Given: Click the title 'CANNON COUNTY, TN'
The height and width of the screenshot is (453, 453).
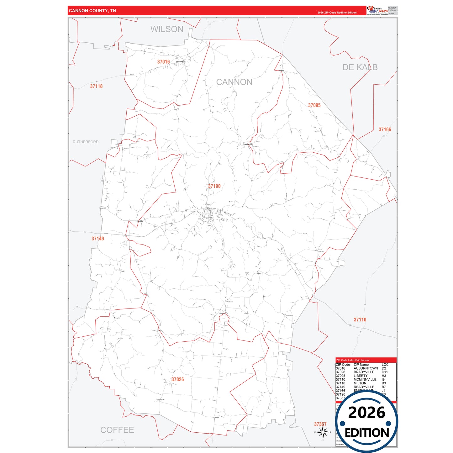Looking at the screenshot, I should pyautogui.click(x=92, y=11).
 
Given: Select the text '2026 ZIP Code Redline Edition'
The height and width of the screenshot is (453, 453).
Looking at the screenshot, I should pyautogui.click(x=337, y=13).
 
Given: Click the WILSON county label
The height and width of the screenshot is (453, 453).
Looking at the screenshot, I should pyautogui.click(x=167, y=29).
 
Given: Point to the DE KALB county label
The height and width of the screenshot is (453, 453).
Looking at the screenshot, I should pyautogui.click(x=360, y=67).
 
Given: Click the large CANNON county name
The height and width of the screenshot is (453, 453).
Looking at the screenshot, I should pyautogui.click(x=234, y=82).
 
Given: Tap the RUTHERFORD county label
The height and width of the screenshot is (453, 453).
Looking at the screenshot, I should pyautogui.click(x=86, y=142).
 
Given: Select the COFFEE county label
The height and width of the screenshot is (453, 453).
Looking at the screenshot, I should pyautogui.click(x=117, y=430).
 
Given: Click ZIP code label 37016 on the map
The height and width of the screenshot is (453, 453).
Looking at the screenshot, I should pyautogui.click(x=164, y=62).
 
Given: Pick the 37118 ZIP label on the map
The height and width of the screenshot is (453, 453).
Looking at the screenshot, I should pyautogui.click(x=96, y=86).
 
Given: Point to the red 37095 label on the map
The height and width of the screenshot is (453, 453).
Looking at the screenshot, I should pyautogui.click(x=314, y=105).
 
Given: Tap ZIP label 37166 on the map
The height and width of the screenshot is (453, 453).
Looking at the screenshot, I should pyautogui.click(x=385, y=129).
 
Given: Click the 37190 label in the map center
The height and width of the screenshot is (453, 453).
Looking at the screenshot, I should pyautogui.click(x=214, y=186).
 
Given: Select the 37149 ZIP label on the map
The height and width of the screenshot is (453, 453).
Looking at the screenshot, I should pyautogui.click(x=98, y=239).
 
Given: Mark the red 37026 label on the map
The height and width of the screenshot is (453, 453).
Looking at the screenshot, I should pyautogui.click(x=177, y=379).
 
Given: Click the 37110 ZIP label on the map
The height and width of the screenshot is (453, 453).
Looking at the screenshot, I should pyautogui.click(x=360, y=320).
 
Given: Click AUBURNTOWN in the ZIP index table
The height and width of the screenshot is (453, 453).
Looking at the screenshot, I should pyautogui.click(x=366, y=368).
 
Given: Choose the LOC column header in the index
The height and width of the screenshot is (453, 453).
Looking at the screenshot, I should pyautogui.click(x=385, y=365).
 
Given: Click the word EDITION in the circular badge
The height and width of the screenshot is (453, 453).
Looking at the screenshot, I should pyautogui.click(x=367, y=433).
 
